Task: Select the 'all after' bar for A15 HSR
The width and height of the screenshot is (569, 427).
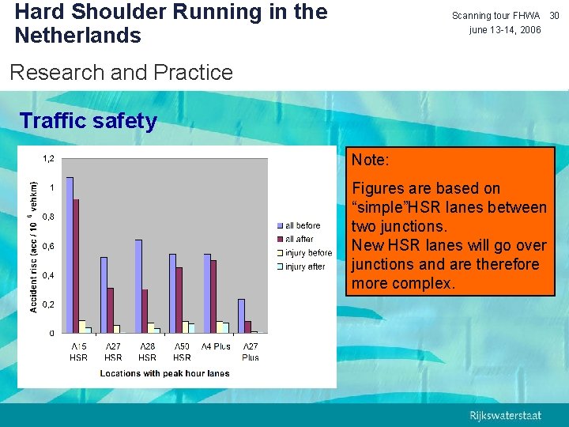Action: tap(76, 266)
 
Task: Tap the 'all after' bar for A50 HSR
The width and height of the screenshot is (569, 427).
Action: tap(179, 300)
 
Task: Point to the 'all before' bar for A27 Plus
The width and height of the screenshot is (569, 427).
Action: tap(241, 316)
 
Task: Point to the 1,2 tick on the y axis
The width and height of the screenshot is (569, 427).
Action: tap(48, 159)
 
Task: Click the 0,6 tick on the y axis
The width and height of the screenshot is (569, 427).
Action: tap(48, 246)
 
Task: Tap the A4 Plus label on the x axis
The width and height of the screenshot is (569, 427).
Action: tap(216, 346)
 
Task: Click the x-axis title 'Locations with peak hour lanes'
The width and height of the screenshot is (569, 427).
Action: tap(164, 373)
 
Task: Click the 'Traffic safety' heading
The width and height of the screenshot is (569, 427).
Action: tap(88, 121)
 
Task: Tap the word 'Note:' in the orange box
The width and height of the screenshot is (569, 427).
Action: tap(370, 160)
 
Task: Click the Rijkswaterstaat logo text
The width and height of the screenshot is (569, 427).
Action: tap(506, 416)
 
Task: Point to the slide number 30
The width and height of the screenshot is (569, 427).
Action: tap(554, 16)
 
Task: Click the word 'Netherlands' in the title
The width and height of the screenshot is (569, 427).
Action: tap(77, 36)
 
